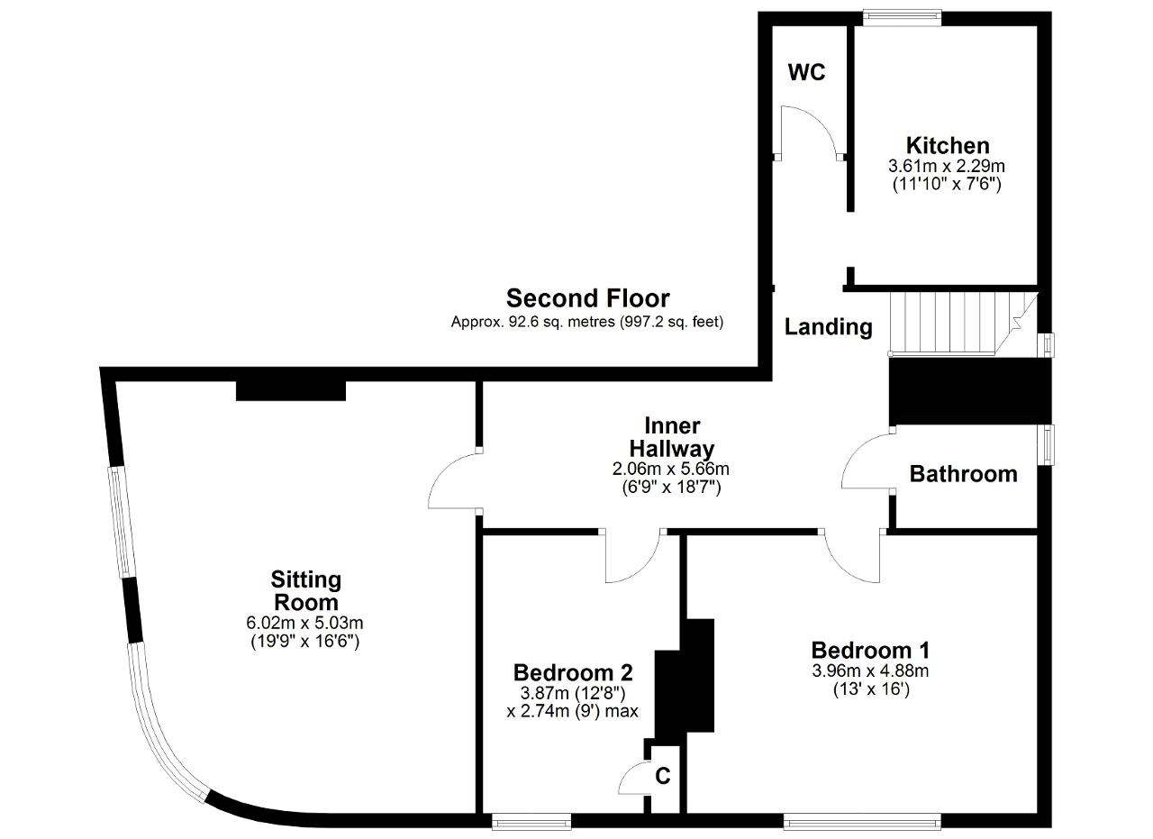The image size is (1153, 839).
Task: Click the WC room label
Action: pos(806,73)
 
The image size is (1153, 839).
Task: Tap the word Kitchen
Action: pos(948,146)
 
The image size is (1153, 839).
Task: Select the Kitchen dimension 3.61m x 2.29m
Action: pos(947,167)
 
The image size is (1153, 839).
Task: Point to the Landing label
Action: pos(828,327)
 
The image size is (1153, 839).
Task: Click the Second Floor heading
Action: pos(588,298)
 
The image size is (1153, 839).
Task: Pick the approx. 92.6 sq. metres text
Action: pos(587,322)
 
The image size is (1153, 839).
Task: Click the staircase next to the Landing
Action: pos(963,324)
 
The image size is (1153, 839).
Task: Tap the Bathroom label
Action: pos(964,474)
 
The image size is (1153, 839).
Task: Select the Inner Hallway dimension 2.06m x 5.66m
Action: pos(671,469)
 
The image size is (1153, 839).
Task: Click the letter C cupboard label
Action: pos(663,776)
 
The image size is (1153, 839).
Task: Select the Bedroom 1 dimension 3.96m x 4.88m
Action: pos(870,670)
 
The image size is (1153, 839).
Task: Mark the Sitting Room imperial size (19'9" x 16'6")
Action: pos(304,642)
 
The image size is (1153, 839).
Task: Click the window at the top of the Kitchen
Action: pos(903,18)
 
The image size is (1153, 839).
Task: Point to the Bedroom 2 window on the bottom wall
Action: pos(531,821)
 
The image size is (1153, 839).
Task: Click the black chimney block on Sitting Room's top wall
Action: pos(291,391)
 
